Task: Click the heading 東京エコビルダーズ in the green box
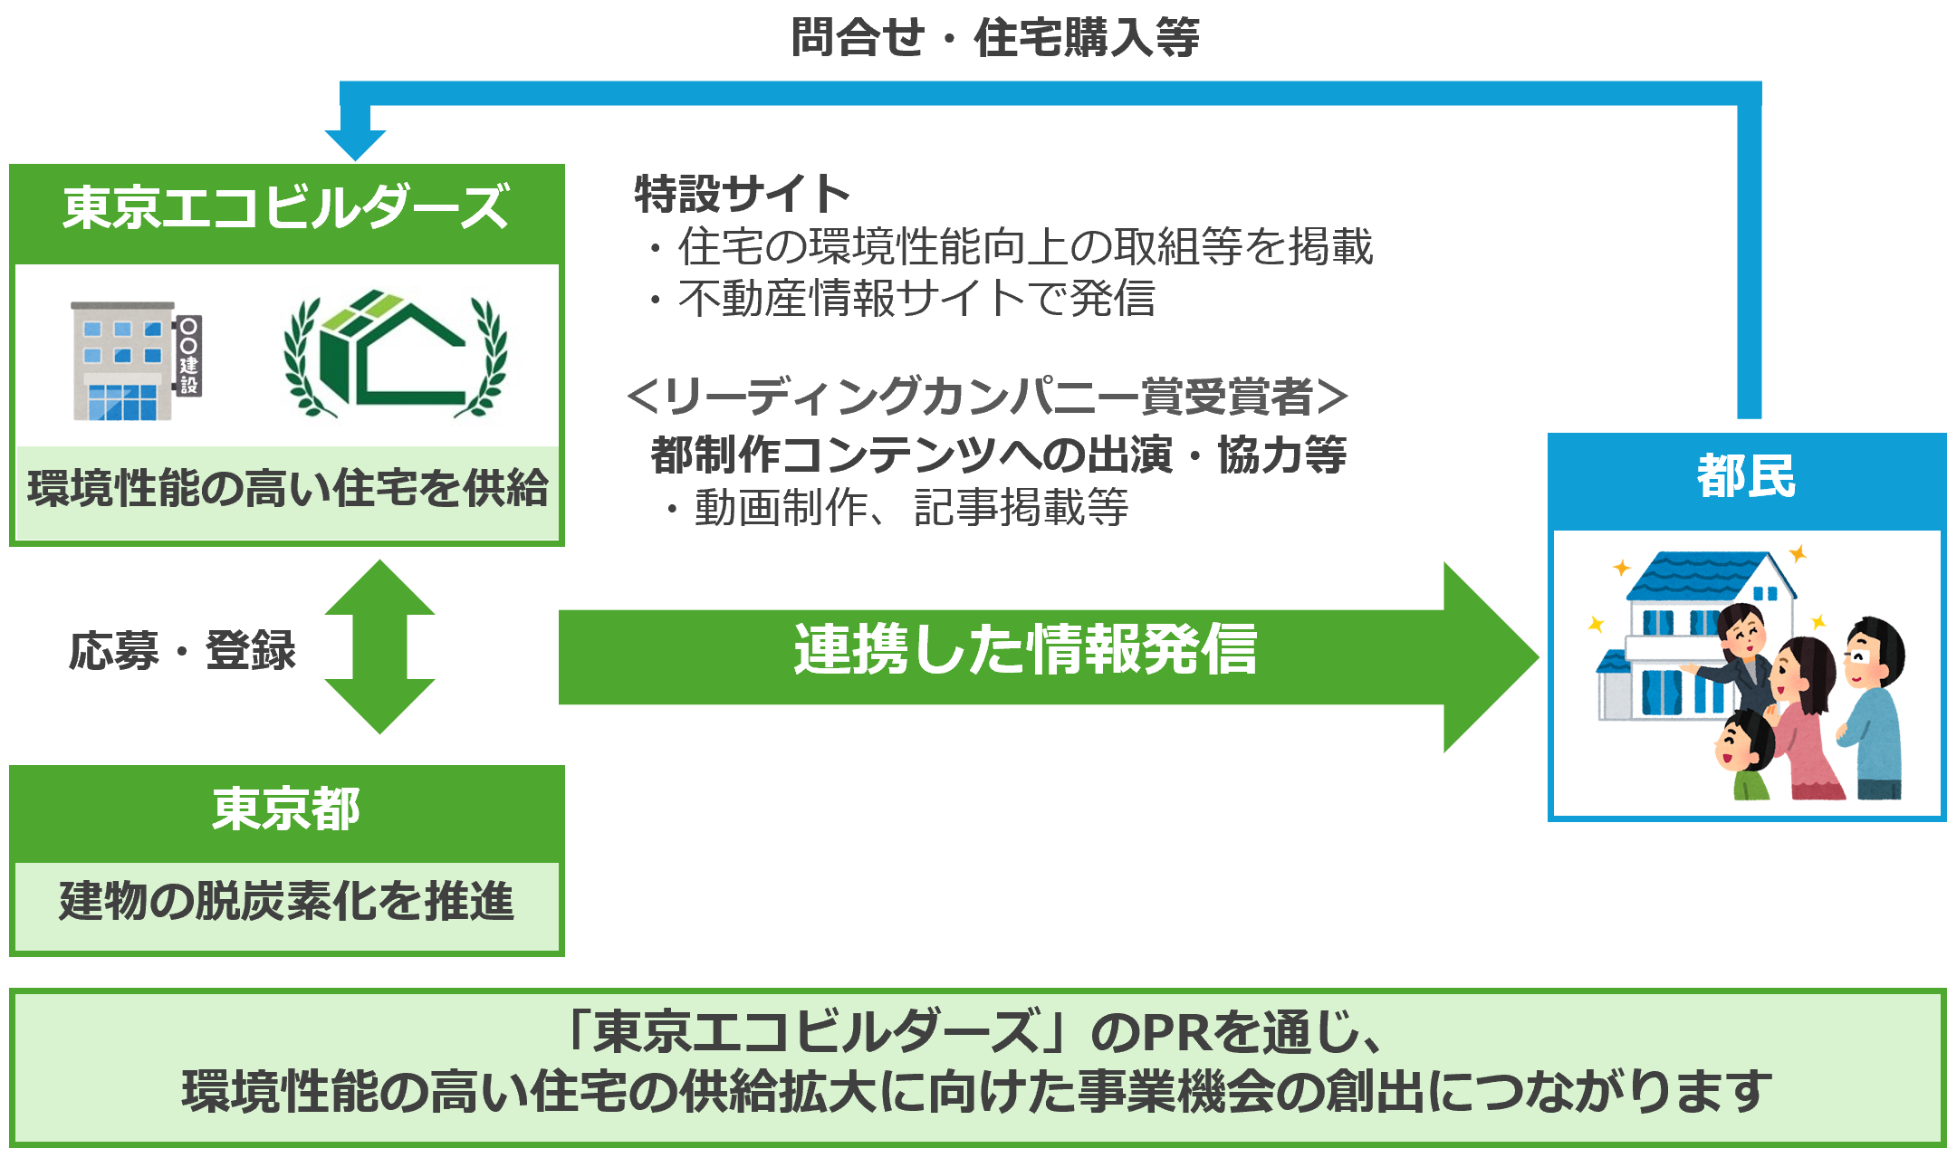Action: tap(286, 207)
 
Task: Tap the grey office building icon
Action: tap(123, 361)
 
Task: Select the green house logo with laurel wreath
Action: tap(395, 354)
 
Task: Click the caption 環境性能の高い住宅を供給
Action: tap(288, 489)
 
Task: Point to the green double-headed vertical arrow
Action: tap(379, 646)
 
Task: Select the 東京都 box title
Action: tap(286, 809)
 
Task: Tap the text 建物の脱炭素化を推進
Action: tap(286, 902)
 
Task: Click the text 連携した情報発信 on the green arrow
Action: tap(1025, 650)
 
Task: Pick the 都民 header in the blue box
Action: tap(1746, 477)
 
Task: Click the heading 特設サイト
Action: tap(742, 194)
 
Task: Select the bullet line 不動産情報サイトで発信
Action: tap(916, 299)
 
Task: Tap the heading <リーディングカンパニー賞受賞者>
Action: tap(987, 397)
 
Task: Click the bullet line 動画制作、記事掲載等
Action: tap(911, 507)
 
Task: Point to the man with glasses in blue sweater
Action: tap(1875, 706)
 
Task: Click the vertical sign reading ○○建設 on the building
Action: tap(188, 357)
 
